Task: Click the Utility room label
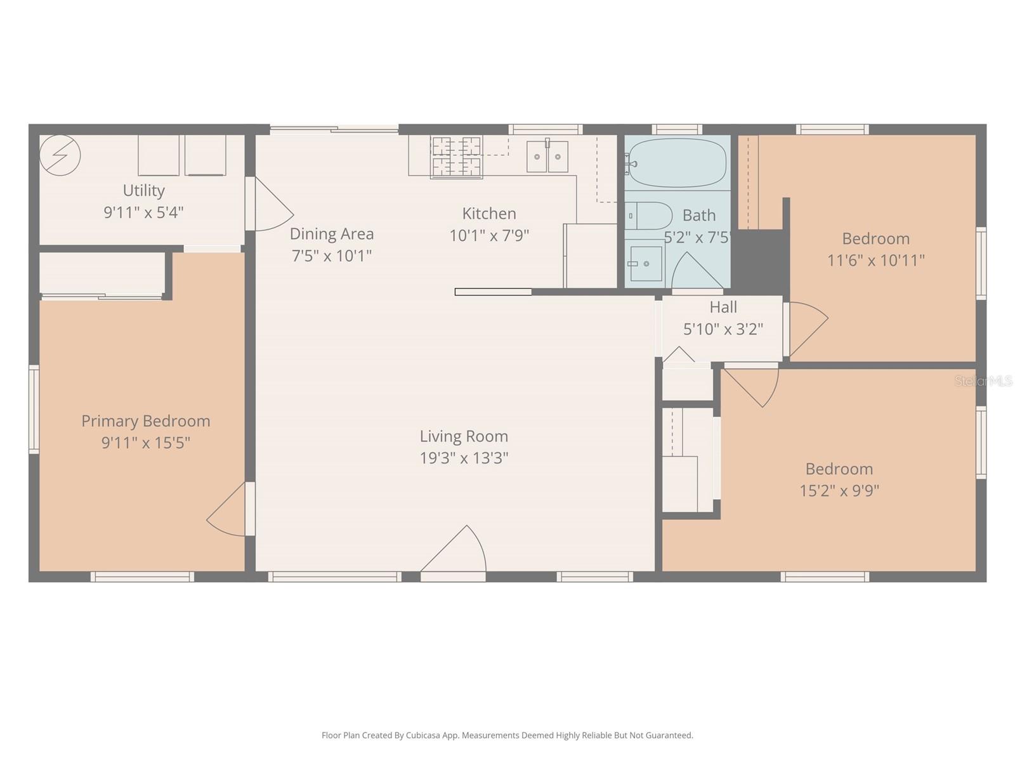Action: pyautogui.click(x=144, y=190)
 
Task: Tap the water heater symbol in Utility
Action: pyautogui.click(x=60, y=155)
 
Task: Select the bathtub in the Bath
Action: pyautogui.click(x=676, y=163)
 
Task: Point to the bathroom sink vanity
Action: pyautogui.click(x=645, y=263)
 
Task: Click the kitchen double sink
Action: pyautogui.click(x=547, y=157)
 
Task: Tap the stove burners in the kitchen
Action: pyautogui.click(x=456, y=157)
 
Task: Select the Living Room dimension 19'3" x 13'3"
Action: pyautogui.click(x=464, y=458)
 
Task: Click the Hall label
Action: pyautogui.click(x=723, y=308)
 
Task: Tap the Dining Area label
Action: pyautogui.click(x=332, y=234)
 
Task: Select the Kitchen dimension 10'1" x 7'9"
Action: pyautogui.click(x=489, y=236)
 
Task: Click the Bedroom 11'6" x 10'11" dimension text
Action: pyautogui.click(x=875, y=260)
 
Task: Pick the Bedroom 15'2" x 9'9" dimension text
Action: pyautogui.click(x=839, y=490)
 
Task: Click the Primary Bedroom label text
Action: pyautogui.click(x=146, y=421)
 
